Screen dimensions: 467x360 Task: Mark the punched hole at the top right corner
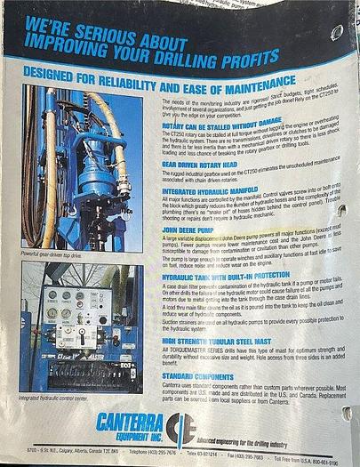(x=337, y=33)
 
